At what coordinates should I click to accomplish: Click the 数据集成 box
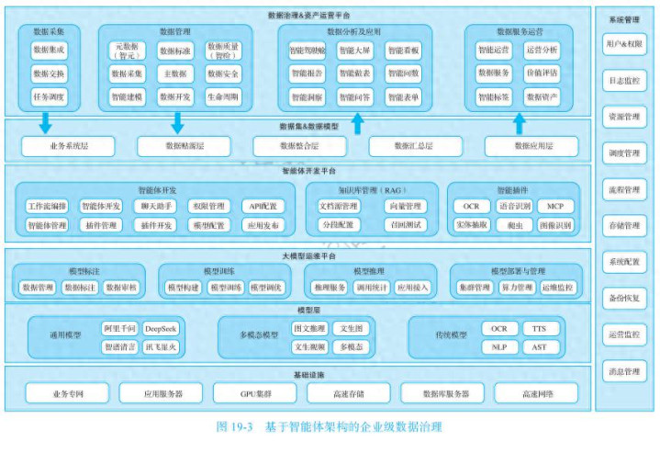[x=48, y=50]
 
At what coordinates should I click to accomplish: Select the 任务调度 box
[x=48, y=96]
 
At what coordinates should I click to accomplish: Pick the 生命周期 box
[x=223, y=96]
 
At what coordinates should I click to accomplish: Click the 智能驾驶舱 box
[x=308, y=50]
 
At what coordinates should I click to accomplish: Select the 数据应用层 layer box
[x=531, y=145]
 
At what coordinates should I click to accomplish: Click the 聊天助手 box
[x=154, y=207]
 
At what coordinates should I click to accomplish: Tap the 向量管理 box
[x=405, y=207]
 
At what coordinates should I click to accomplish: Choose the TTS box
[x=540, y=328]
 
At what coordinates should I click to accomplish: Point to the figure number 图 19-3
[x=235, y=427]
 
